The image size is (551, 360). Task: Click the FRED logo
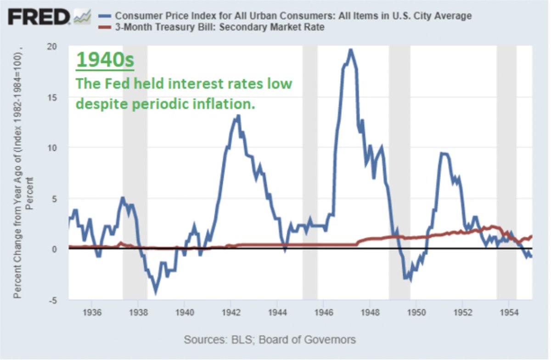(x=39, y=17)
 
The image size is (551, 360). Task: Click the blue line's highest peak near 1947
(x=351, y=50)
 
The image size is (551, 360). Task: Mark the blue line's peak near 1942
(x=237, y=117)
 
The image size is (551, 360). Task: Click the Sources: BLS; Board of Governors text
(x=270, y=340)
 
